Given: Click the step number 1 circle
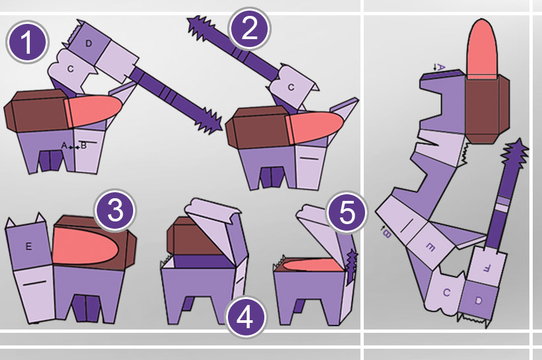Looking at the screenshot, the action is coord(27,42).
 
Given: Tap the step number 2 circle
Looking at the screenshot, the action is coord(249,29).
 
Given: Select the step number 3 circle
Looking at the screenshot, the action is coord(115,210).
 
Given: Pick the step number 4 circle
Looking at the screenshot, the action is coord(246,317).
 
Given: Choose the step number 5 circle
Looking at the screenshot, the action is coord(347,213).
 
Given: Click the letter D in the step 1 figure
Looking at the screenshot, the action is coord(89,44).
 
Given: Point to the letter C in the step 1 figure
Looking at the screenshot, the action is coord(70,69).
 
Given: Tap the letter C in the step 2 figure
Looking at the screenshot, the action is coord(291,87).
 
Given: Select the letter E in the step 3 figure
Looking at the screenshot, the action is coord(28,246).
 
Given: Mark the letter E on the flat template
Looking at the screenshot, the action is coord(430,247).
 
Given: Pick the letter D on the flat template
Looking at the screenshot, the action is coord(478,300).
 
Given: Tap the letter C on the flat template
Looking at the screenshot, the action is coord(446,293).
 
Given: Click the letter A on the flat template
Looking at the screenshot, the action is coord(440,67).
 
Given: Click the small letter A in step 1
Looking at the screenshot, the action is coord(64,146).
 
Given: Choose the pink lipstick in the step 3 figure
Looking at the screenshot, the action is coord(85,246).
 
